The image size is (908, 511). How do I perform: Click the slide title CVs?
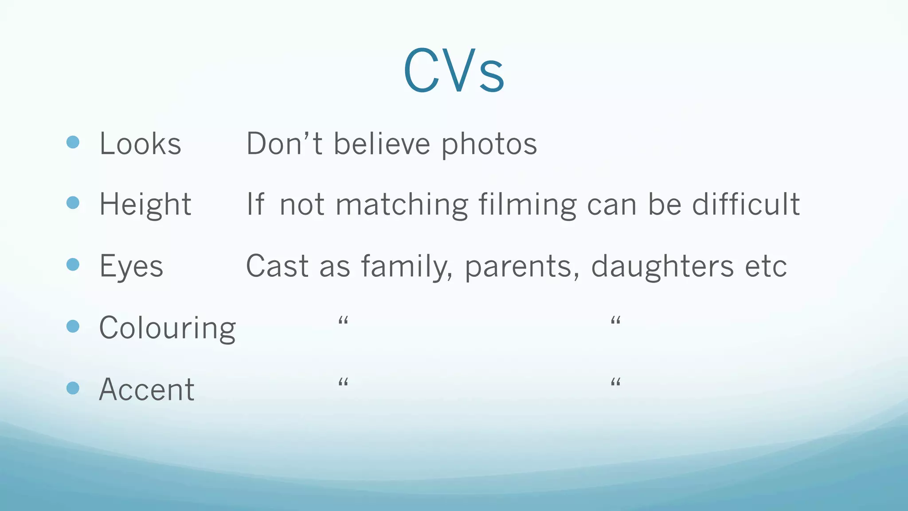454,71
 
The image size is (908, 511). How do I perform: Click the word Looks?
140,144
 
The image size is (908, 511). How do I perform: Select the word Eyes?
131,266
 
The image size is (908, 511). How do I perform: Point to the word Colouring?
167,328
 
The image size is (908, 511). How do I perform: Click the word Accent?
146,389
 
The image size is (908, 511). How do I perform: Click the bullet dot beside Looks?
73,142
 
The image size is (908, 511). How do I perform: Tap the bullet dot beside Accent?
73,388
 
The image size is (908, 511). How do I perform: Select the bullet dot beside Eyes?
73,265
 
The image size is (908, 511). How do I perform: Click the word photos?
489,145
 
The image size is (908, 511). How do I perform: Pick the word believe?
382,144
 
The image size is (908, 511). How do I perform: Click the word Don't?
284,144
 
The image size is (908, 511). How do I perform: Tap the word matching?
402,205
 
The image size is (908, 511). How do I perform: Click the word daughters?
662,266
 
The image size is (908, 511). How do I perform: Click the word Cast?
277,266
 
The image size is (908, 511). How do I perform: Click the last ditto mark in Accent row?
615,382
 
